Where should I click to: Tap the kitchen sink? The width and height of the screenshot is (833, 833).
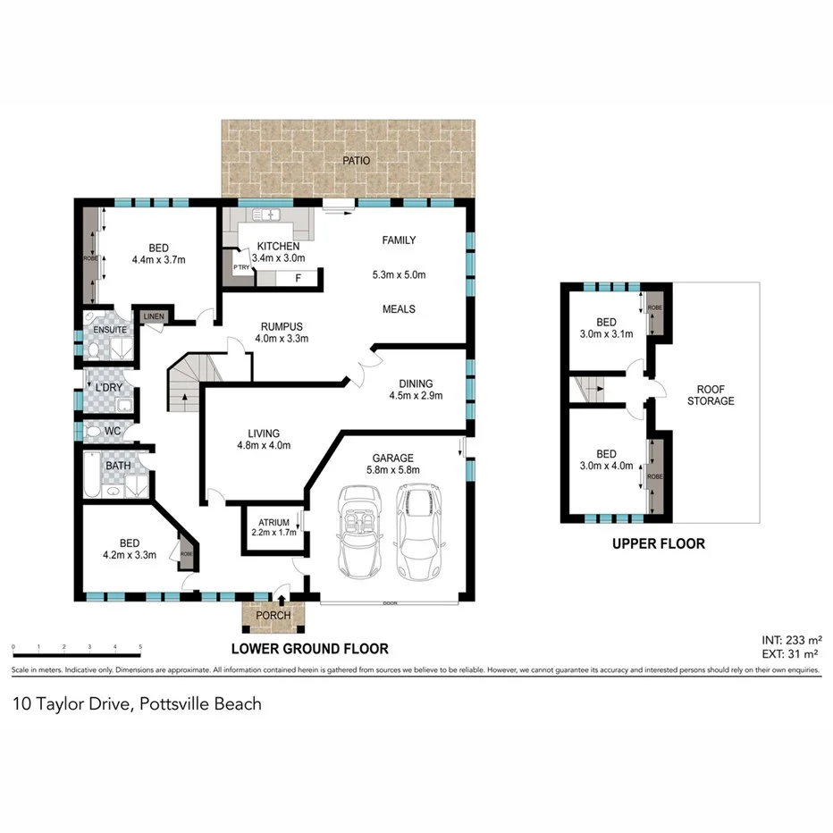pos(267,215)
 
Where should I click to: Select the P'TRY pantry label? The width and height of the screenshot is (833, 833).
pos(240,267)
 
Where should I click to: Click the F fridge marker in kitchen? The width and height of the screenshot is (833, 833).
pos(297,278)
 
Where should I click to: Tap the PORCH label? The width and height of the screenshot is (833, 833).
pos(273,615)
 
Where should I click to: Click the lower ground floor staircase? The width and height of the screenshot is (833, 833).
pos(186,382)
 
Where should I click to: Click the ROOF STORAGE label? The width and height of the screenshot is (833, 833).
pos(710,395)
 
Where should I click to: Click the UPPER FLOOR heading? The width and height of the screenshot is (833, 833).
pos(658,543)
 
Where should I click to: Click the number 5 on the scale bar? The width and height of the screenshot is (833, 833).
pos(139,644)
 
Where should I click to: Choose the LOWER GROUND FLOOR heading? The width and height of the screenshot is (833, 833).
pos(309,649)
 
